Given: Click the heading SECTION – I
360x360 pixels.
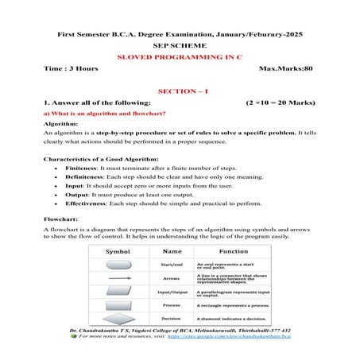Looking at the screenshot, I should click(x=180, y=91).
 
